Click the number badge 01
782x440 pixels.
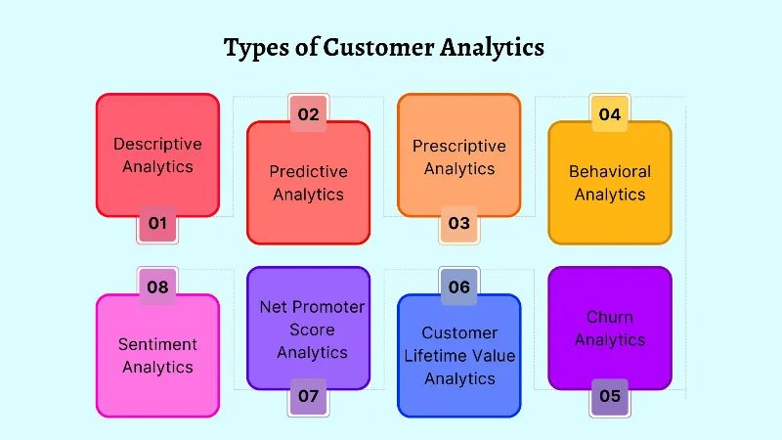click(157, 224)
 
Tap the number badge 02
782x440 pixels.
click(308, 114)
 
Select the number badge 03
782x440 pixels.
click(458, 224)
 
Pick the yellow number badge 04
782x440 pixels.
click(610, 114)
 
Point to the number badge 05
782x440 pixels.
click(610, 396)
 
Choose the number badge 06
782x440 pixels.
click(458, 286)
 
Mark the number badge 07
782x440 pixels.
click(308, 396)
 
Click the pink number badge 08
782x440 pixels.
click(157, 286)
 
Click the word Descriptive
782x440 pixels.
click(157, 144)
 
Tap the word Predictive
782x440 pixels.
click(308, 171)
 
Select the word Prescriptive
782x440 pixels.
click(458, 146)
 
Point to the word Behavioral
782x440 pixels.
click(610, 171)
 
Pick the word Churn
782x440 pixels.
click(610, 317)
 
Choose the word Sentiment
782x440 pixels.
click(157, 344)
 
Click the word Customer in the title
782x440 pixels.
click(381, 47)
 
